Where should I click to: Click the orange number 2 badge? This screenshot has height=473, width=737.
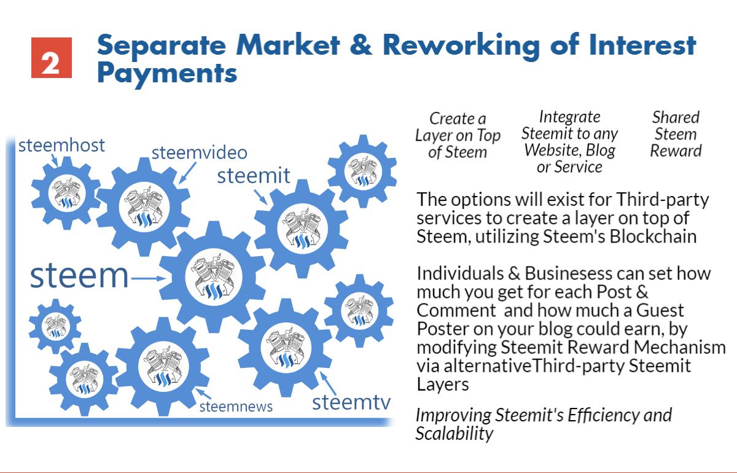(52, 58)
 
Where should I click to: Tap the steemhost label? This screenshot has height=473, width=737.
(61, 146)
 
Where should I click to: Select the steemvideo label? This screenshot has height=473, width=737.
(199, 153)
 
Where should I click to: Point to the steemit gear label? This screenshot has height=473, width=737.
(254, 176)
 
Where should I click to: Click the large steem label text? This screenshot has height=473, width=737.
(79, 276)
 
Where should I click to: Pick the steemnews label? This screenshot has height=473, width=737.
(236, 406)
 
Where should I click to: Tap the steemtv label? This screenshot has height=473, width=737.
(351, 402)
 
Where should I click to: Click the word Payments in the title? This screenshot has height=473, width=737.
(167, 74)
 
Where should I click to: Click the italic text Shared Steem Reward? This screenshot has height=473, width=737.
(676, 134)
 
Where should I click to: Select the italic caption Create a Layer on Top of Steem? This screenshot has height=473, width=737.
(458, 135)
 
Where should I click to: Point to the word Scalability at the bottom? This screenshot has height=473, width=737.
(454, 433)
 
